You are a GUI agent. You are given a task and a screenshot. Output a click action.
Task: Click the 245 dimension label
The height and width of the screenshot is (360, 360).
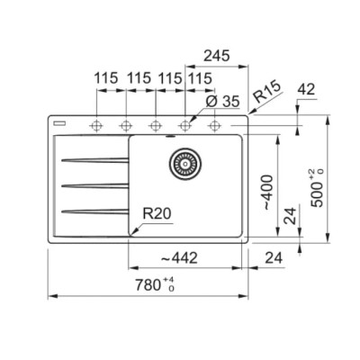coord(217,56)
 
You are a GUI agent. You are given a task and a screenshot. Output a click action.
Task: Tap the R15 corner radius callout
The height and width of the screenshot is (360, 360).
coord(266,92)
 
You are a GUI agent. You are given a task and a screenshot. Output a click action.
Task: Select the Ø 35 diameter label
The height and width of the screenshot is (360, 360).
coord(222,102)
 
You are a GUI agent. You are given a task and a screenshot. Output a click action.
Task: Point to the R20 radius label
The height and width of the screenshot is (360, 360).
coord(157,213)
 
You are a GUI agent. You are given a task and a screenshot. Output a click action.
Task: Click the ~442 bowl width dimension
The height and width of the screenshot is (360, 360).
coord(179,257)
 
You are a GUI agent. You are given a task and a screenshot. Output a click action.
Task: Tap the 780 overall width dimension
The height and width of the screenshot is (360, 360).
coord(155,284)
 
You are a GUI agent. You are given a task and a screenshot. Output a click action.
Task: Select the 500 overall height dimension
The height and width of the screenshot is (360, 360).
coord(318,188)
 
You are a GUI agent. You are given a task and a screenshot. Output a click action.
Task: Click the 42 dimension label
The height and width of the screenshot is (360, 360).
coord(307,89)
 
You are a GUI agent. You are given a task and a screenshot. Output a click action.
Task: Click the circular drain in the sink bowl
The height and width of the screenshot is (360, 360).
coord(185,164)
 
